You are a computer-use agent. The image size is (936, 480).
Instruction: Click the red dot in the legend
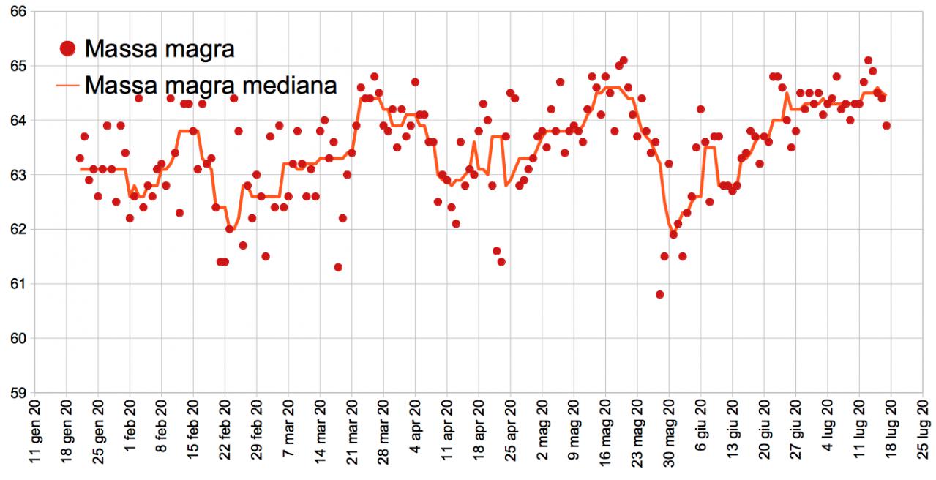coord(69,49)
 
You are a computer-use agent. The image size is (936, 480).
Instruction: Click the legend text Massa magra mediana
coord(211,85)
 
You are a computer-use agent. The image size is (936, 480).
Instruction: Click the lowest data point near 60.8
coord(660,294)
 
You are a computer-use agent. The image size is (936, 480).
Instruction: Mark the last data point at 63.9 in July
coord(886,125)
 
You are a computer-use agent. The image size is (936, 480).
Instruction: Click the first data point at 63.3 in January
coord(80,158)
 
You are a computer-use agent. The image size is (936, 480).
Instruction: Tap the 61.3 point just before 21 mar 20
coord(338,267)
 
